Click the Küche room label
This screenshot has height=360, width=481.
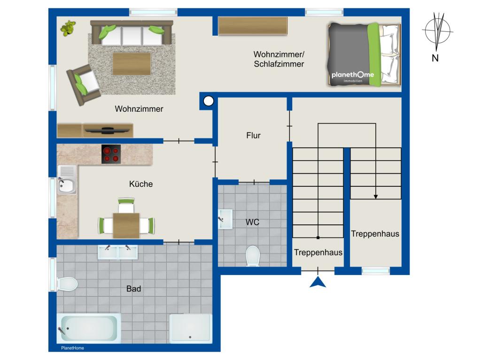[141, 184]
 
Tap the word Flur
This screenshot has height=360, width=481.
[253, 135]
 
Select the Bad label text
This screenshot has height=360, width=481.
[134, 289]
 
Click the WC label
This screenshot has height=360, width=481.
[252, 222]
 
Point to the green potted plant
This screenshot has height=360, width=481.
[68, 28]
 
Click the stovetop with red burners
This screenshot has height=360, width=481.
[111, 154]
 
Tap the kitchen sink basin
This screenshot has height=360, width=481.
[67, 185]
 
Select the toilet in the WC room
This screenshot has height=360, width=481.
[253, 255]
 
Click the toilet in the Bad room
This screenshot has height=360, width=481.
[67, 284]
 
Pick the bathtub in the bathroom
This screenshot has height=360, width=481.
[89, 329]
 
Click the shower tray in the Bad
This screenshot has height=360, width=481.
[191, 329]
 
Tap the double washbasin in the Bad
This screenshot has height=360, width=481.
[118, 252]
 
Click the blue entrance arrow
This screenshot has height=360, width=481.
[318, 283]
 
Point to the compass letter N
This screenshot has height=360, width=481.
[435, 58]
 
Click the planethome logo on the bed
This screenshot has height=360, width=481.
[353, 76]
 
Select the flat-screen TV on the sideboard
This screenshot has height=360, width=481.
[107, 130]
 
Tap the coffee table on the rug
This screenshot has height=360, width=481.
[132, 64]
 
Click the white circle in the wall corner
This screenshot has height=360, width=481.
[209, 101]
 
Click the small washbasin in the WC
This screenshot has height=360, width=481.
[225, 219]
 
